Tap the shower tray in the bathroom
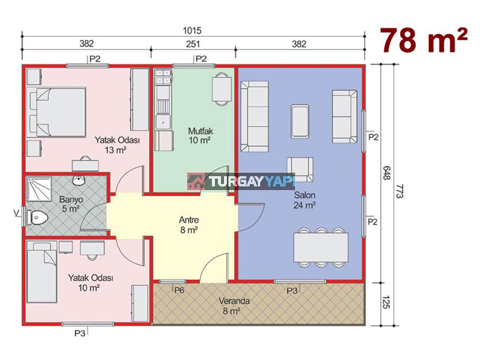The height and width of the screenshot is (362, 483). [x=39, y=189]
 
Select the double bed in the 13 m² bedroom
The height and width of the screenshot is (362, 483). [x=56, y=112]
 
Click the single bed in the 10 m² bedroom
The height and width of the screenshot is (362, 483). [x=42, y=272]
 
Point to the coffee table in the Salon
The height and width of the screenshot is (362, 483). [x=299, y=121]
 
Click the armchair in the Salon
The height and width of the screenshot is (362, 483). [x=300, y=170]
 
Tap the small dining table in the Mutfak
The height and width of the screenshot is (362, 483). [x=222, y=89]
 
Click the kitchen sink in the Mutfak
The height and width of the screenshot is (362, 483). [x=163, y=122]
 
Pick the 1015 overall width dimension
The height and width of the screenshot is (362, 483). [x=192, y=31]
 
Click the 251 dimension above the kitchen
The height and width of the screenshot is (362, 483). [x=193, y=44]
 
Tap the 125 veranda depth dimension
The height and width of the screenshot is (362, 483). [x=386, y=302]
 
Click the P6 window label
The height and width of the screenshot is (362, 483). [x=179, y=290]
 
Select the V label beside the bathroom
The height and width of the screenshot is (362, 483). [x=16, y=212]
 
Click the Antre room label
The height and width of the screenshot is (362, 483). [x=189, y=220]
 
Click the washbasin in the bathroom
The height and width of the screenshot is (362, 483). [x=79, y=180]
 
